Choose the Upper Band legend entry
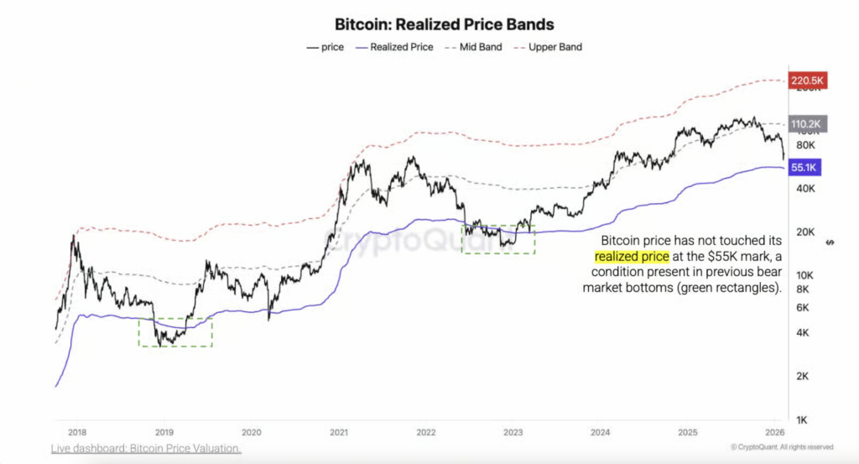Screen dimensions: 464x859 [554, 47]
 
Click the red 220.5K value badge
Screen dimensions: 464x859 [808, 81]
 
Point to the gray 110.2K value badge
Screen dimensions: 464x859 [808, 123]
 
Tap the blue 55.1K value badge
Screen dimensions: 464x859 [804, 168]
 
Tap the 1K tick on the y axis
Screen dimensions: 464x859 [802, 419]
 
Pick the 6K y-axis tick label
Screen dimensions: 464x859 [802, 307]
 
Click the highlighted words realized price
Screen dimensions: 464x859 [632, 256]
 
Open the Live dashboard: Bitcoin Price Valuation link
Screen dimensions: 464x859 [146, 449]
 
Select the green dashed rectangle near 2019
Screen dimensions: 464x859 [175, 332]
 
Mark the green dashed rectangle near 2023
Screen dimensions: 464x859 [498, 239]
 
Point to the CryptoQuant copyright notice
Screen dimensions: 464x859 [783, 447]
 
